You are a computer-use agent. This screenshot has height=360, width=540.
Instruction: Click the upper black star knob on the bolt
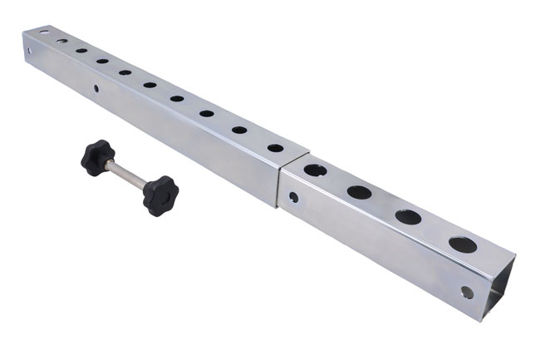click(97, 156)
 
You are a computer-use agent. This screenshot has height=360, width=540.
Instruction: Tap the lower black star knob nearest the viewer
click(160, 195)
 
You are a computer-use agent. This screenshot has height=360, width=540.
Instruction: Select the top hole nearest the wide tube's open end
click(463, 244)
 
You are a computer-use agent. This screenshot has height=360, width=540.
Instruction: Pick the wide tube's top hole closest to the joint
click(315, 170)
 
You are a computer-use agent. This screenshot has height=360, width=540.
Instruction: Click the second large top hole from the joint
click(359, 192)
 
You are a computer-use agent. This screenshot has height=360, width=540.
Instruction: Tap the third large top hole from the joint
click(408, 217)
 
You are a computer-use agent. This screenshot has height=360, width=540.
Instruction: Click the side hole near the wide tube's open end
click(467, 292)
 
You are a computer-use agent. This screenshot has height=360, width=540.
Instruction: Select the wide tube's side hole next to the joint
click(293, 198)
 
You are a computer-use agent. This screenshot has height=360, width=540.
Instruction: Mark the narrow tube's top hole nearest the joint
click(275, 148)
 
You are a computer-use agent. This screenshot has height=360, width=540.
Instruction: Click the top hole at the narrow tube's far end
click(43, 32)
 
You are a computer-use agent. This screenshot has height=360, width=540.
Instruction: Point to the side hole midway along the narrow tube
click(96, 88)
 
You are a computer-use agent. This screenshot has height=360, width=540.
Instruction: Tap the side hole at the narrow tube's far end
click(30, 52)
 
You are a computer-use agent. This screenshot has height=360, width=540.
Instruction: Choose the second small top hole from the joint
click(239, 130)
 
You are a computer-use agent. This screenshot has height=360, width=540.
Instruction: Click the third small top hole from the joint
click(206, 113)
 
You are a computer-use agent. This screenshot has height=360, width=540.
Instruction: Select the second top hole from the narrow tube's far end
click(62, 41)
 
